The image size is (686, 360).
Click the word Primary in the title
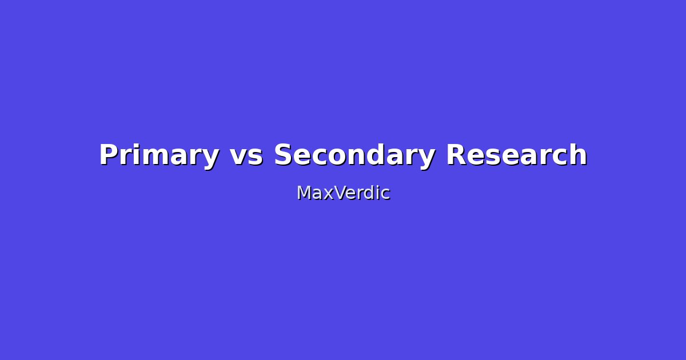159,155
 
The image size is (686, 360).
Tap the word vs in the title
246,155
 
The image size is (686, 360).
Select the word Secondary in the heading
354,155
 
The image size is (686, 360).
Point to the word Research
516,155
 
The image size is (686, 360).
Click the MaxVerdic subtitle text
343,193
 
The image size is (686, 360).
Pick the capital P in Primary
109,155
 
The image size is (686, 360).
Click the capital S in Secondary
283,155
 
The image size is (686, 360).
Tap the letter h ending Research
579,155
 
